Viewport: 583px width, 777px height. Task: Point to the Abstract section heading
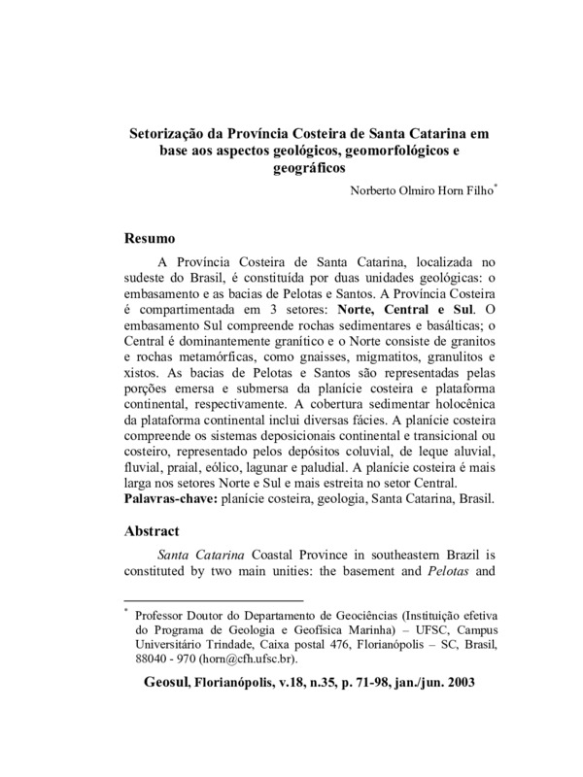pyautogui.click(x=157, y=532)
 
